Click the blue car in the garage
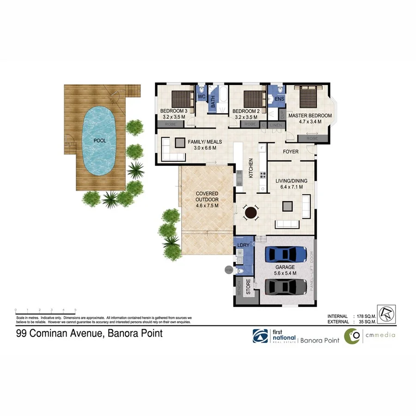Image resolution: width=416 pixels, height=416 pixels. point(287,254)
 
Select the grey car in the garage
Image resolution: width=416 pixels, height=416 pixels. point(287,287)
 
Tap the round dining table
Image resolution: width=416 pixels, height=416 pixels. point(251,213)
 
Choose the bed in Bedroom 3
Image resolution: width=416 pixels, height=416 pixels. point(181,98)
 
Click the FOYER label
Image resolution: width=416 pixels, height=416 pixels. point(290,152)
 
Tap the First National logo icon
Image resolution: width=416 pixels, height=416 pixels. point(259,336)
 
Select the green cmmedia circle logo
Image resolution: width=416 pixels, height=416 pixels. point(353,336)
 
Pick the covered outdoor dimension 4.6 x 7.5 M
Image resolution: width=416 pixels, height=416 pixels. point(207,205)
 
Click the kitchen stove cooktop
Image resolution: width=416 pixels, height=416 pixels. point(263,175)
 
